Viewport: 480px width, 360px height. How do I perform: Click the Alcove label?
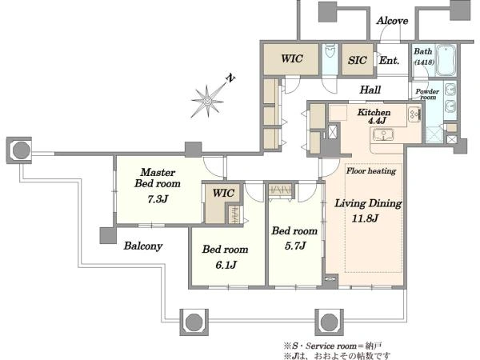[392, 21]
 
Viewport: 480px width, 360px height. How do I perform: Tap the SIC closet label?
[357, 60]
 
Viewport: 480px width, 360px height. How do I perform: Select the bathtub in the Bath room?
[446, 60]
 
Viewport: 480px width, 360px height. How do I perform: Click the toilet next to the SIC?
[330, 51]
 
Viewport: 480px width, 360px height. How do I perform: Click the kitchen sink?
[382, 134]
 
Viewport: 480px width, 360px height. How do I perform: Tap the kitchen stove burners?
[414, 114]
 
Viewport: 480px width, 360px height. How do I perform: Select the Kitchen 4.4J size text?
[377, 121]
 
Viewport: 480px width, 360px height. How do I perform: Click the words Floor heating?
[371, 170]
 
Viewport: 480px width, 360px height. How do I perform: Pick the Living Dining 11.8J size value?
[366, 218]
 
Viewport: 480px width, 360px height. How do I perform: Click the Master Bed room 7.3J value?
[158, 199]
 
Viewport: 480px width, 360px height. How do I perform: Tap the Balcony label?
[143, 246]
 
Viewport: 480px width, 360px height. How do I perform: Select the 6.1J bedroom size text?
[226, 265]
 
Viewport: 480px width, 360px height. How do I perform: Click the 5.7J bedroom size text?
[295, 246]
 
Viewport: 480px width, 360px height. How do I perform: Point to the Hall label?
[370, 90]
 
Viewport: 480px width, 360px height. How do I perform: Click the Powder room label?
[427, 94]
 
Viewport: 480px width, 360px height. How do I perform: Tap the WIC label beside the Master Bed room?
[223, 193]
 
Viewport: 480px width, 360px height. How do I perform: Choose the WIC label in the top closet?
[292, 58]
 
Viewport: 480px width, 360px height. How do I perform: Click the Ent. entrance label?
[389, 60]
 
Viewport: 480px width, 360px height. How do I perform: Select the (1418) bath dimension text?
[424, 62]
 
